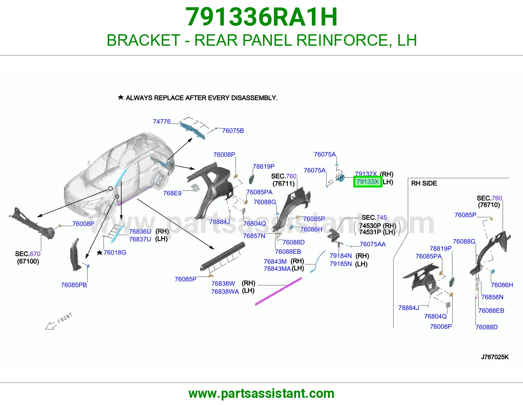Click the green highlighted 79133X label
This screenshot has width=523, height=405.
pos(367,182)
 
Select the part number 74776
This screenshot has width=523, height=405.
pos(162,122)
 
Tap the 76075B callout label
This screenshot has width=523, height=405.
pos(233,131)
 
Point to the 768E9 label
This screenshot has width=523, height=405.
pos(172,193)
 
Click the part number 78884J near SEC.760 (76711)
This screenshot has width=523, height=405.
pos(220,222)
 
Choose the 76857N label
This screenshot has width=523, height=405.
pos(254,236)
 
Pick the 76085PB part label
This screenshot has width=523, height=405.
pos(74,285)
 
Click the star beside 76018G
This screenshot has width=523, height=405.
pos(99,252)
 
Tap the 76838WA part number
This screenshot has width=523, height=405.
pos(225,291)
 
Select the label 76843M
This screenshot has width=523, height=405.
pos(275,261)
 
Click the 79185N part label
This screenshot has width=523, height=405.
pos(341,264)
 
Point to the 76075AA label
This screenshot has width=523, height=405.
pos(373,244)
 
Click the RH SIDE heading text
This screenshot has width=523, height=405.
pos(424,183)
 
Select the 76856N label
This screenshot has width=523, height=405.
pos(492,297)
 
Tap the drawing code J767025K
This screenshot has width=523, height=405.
pos(495,357)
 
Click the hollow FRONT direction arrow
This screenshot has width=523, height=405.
pos(51,326)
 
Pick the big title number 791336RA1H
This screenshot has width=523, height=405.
pos(261,17)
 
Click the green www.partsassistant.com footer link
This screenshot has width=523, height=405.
pos(261,394)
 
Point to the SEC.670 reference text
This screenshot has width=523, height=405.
pos(28,254)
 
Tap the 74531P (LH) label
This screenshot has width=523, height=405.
pos(377,232)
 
